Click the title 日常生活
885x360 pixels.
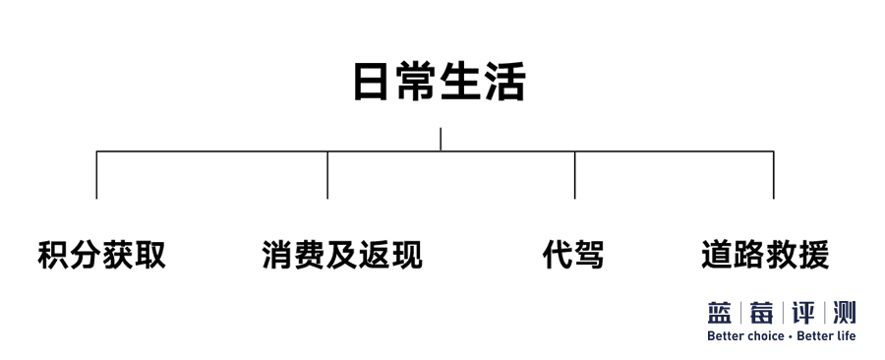click(440, 82)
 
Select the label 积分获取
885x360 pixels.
click(101, 255)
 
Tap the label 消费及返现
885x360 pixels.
click(342, 255)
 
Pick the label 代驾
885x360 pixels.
click(573, 255)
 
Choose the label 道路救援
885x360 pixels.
click(765, 255)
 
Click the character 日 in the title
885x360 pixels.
click(371, 83)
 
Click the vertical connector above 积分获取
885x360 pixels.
click(96, 175)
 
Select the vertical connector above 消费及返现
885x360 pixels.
click(327, 175)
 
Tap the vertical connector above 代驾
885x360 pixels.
click(574, 175)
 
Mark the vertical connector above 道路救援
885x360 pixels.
click(773, 175)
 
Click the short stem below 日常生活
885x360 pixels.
click(441, 140)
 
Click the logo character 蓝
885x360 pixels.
click(720, 313)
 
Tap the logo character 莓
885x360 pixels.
click(761, 313)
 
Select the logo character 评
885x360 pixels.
click(803, 313)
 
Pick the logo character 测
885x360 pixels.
click(845, 313)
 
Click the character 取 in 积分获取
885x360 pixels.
click(150, 255)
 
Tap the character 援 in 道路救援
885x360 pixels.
click(814, 255)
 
